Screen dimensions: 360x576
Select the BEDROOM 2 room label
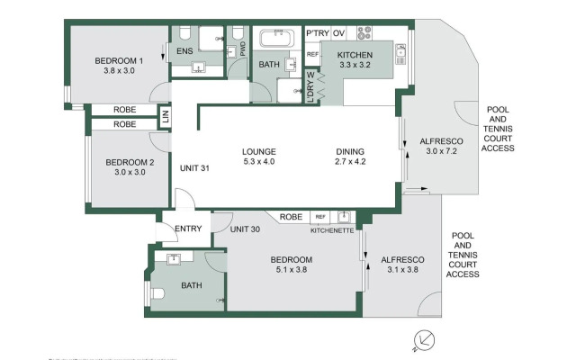(130, 163)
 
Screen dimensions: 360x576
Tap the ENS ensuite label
(185, 52)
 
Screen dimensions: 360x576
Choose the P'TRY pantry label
(317, 33)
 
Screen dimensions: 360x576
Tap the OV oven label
(340, 33)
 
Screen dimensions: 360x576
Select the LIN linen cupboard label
(165, 116)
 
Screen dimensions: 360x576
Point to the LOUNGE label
(258, 151)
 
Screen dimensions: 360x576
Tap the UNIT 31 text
(195, 168)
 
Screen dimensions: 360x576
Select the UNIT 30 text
(245, 229)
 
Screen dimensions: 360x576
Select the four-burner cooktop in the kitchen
(364, 33)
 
